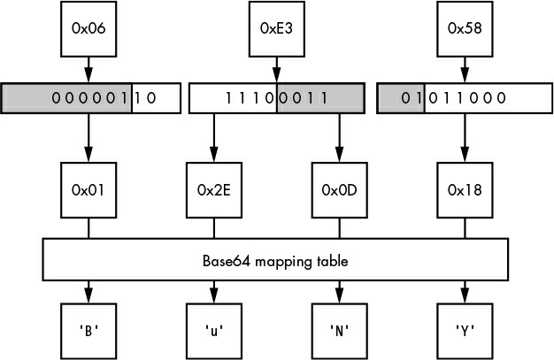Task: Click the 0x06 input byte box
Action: pos(88,29)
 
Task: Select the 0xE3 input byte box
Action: pos(277,29)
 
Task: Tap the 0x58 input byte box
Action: pos(465,29)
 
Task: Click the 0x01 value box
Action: pos(88,190)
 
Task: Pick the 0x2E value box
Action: pos(214,190)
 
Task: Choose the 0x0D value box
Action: pos(339,190)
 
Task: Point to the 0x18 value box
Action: pos(465,190)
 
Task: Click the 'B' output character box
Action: pos(88,331)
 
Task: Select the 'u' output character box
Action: pos(214,331)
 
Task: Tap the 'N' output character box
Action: pos(339,331)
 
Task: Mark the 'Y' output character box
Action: pos(465,331)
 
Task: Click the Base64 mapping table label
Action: pos(275,262)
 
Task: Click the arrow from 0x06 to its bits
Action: pos(88,70)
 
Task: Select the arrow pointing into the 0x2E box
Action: pos(214,138)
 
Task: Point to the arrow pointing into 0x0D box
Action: pos(339,138)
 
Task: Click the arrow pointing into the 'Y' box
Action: pos(465,292)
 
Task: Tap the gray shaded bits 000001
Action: pos(89,98)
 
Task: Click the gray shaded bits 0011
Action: pos(304,98)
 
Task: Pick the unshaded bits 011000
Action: pos(467,98)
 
